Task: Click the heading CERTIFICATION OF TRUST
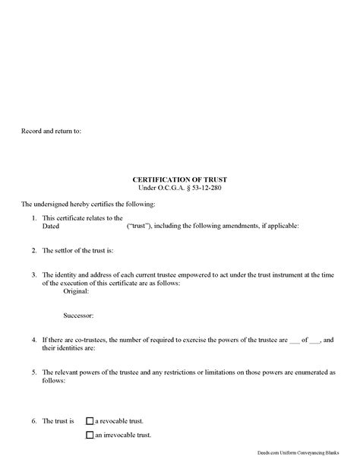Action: click(180, 179)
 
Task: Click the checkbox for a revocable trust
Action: click(90, 420)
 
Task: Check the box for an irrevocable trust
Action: click(90, 436)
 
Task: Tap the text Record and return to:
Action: click(50, 132)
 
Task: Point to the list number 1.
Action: click(35, 218)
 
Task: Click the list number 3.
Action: click(35, 274)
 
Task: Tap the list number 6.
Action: click(35, 420)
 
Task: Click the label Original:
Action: click(77, 291)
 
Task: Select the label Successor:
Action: click(79, 314)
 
